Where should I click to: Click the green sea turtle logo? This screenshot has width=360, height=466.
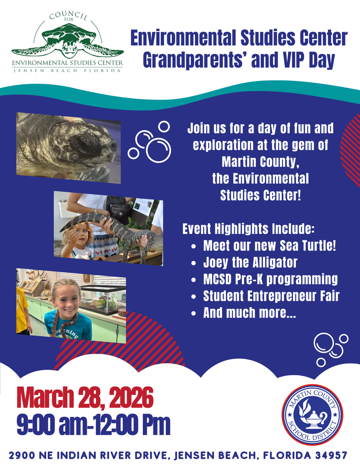coord(68,41)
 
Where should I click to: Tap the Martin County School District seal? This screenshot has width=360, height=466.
coord(312,415)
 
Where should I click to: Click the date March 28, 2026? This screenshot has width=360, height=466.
coord(85,398)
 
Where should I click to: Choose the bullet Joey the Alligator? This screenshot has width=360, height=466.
coord(250,263)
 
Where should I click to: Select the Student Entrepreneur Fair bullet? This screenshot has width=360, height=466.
coord(271,296)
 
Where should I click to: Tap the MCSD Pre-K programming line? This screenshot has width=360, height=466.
coord(270,279)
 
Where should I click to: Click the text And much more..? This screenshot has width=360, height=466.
coord(249,313)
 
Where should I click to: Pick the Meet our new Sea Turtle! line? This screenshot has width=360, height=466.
coord(269,246)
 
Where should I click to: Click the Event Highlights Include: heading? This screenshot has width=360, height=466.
coord(248,229)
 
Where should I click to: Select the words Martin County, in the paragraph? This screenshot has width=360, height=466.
coord(260,162)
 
